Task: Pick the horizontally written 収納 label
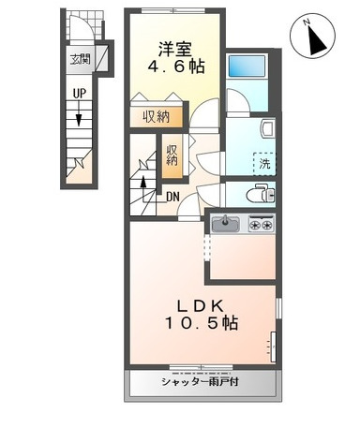(157, 116)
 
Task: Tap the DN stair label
(173, 197)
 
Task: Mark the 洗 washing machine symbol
(266, 163)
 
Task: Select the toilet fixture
(261, 194)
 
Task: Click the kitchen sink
(226, 224)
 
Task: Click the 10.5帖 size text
(202, 324)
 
